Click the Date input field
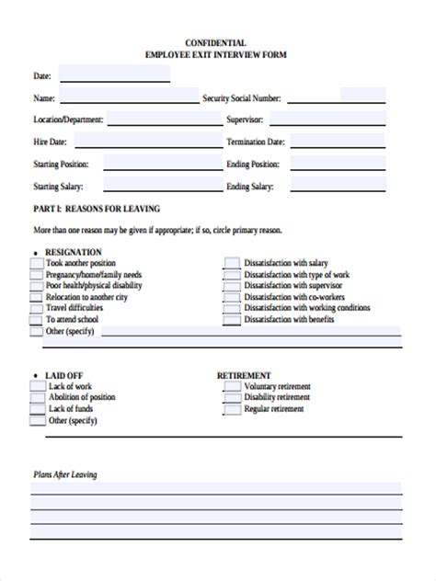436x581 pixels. point(115,74)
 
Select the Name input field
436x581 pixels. point(128,97)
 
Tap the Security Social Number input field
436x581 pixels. point(363,95)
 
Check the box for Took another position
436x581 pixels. point(37,263)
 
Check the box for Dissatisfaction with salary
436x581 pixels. point(231,263)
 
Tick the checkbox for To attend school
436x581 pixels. point(37,318)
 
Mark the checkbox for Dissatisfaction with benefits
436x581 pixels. point(231,319)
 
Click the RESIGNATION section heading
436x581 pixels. point(74,251)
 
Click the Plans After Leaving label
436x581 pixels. point(65,474)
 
